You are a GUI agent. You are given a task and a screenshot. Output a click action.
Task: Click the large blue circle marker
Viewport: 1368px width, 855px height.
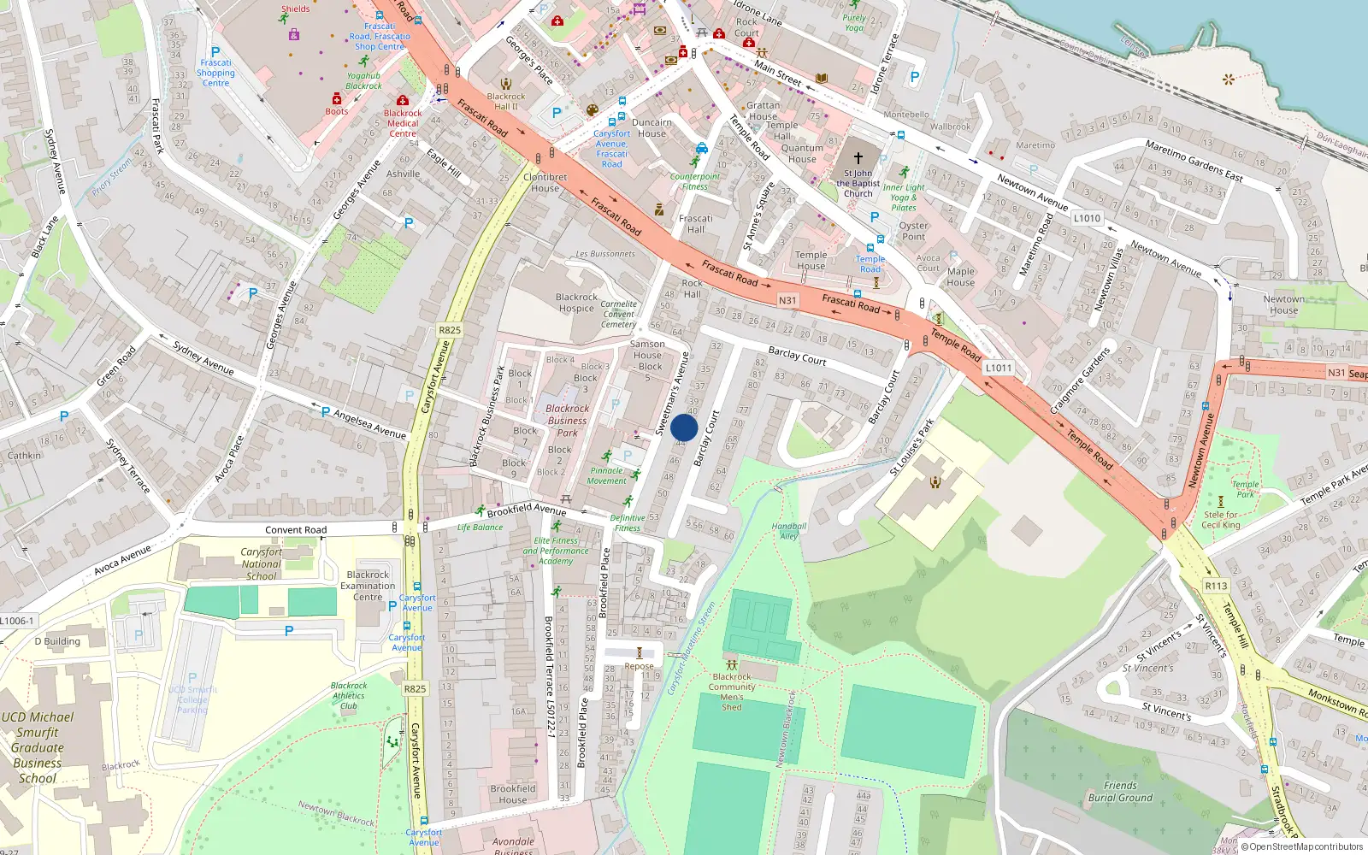coord(684,427)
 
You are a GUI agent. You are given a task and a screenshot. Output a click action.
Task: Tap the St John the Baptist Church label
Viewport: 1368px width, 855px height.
coord(858,183)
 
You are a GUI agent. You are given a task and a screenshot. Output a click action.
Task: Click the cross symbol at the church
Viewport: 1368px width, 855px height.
coord(858,158)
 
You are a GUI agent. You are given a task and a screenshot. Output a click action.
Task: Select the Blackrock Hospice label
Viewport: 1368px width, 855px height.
coord(576,303)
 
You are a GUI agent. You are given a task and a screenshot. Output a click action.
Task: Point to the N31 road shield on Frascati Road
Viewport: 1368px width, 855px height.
coord(787,300)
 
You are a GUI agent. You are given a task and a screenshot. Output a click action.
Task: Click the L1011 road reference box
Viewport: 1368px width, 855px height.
coord(998,368)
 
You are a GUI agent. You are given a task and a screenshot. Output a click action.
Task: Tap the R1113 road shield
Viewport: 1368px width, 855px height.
coord(1216,586)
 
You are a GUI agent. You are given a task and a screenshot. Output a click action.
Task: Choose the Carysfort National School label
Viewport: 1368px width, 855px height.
coord(261,564)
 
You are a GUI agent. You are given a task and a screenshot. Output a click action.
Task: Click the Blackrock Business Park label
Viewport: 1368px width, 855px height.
coord(568,421)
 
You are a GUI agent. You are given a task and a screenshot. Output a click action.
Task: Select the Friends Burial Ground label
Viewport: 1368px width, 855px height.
coord(1120,792)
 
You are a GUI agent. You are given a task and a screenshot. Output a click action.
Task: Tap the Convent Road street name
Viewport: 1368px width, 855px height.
coord(296,530)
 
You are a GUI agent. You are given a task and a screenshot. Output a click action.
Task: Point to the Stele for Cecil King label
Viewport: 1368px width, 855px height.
coord(1221,520)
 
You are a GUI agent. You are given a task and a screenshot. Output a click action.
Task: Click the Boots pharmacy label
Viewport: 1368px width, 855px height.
coord(336,111)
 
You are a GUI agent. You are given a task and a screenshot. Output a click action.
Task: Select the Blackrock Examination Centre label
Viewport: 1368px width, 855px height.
coord(368,586)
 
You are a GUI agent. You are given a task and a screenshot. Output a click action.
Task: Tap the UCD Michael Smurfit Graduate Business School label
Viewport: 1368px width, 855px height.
coord(38,747)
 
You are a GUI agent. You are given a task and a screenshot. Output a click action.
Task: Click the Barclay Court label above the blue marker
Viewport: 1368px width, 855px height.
coord(797,356)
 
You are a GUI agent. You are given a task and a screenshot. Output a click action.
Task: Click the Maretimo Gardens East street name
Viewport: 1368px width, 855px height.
coord(1194,161)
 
